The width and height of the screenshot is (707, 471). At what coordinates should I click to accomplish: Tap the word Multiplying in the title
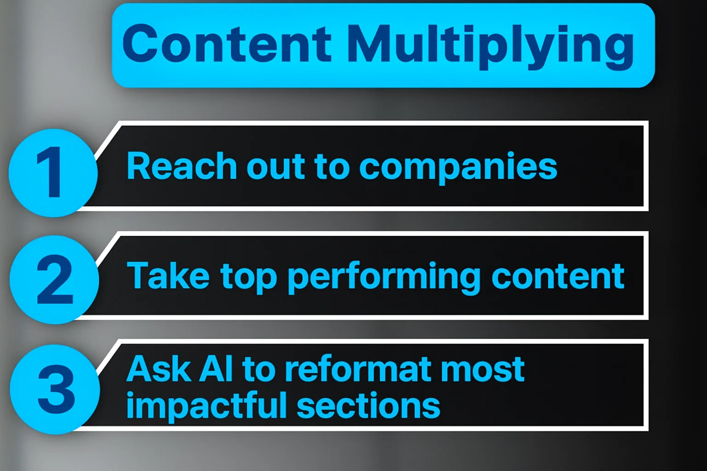point(490,46)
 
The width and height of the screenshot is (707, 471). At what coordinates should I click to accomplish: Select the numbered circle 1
point(53,173)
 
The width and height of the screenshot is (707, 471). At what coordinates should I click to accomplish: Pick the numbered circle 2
point(54,280)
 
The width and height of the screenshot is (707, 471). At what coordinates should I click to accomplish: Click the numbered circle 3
point(55,389)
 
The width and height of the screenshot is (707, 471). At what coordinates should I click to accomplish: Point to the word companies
point(458,168)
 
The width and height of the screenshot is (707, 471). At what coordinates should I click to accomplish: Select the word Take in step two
point(168,276)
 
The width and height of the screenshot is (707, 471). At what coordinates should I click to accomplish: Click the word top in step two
point(249,278)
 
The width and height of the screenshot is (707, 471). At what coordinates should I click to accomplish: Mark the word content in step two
point(558,276)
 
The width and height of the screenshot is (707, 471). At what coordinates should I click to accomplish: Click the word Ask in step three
point(158,369)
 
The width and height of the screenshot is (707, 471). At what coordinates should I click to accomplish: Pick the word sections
point(368,407)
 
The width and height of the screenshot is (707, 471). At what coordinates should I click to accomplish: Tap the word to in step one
point(331,167)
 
